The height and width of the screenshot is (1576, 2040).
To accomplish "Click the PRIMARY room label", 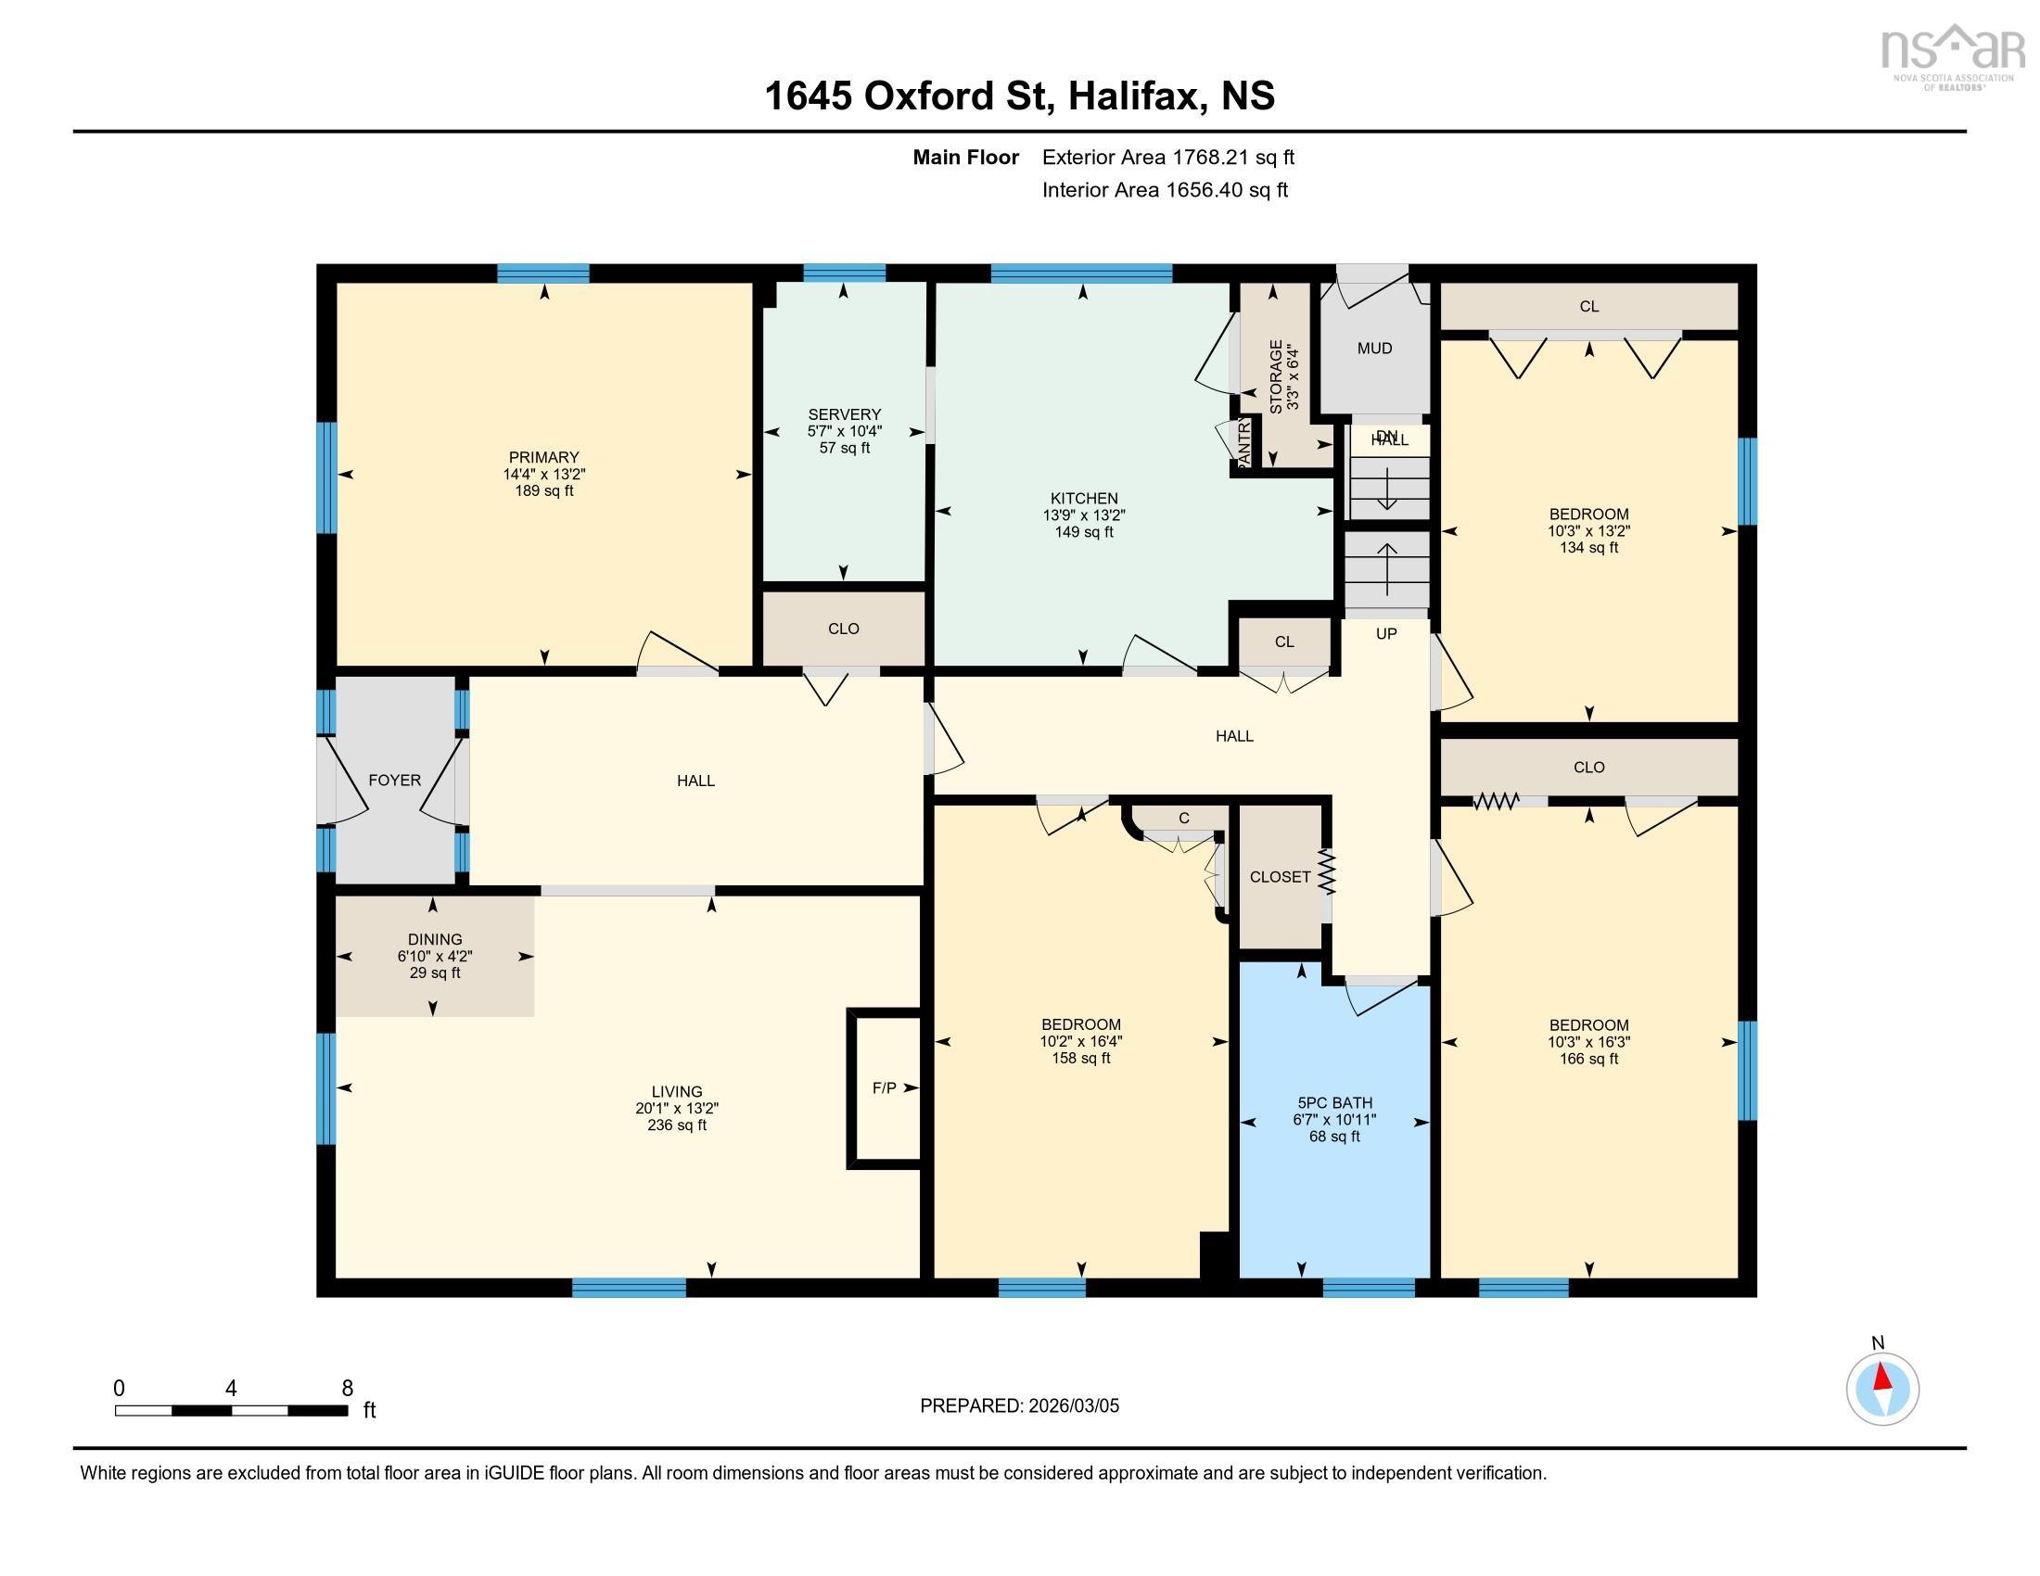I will (x=543, y=457).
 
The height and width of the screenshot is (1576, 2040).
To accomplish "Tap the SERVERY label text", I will (x=845, y=414).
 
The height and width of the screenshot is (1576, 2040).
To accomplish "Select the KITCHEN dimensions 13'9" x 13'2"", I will (x=1083, y=515).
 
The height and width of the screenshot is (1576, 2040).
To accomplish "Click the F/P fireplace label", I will (x=884, y=1087).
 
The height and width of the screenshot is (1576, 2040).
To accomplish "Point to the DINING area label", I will (x=434, y=939).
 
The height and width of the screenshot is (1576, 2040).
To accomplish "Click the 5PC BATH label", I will (x=1333, y=1102).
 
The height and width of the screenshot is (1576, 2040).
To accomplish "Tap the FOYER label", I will (x=394, y=781).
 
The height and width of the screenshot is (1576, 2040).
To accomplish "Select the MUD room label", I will (x=1374, y=349).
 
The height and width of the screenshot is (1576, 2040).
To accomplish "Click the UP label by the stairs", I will (x=1386, y=634).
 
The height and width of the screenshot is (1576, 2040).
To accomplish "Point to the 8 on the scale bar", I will (x=347, y=1389).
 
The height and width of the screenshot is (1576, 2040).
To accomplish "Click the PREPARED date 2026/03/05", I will (x=1072, y=1406).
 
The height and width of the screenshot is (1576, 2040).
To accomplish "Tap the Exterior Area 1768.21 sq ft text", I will (x=1167, y=157).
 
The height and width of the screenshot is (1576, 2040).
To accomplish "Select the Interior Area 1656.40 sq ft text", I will (x=1164, y=190).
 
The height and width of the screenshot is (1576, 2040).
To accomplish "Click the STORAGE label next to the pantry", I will (x=1276, y=376).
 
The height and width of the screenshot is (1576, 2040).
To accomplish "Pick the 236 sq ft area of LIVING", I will (x=676, y=1126).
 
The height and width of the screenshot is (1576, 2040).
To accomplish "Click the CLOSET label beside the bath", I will (x=1280, y=877).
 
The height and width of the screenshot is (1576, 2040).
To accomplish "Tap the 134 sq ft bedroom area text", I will (x=1587, y=548).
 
